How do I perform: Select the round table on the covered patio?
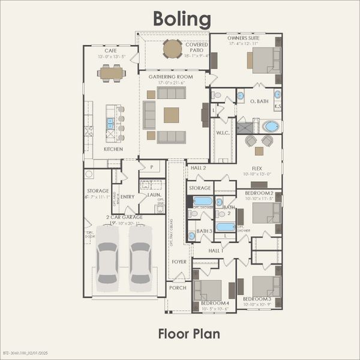point(173,48)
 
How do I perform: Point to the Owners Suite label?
point(244,38)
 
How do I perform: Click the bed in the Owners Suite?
point(263,60)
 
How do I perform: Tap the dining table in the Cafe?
point(112,73)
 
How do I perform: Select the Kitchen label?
point(113,149)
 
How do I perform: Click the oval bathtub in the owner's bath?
point(271,127)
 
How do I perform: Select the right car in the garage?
point(140,255)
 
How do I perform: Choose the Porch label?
point(177,288)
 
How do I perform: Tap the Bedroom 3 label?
point(257,299)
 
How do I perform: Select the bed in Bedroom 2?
point(264,213)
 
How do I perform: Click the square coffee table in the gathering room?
point(172,115)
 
